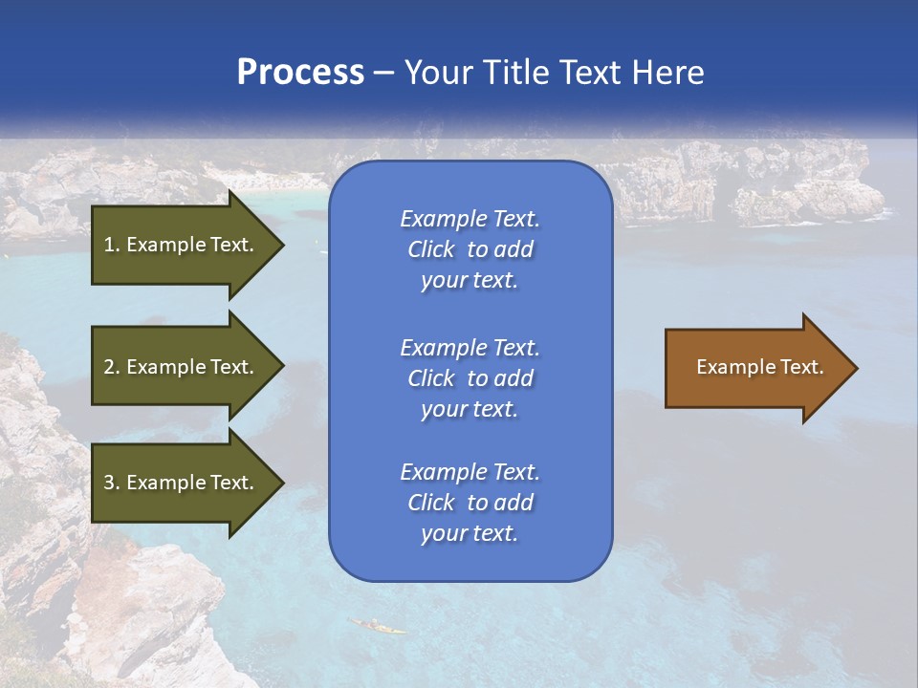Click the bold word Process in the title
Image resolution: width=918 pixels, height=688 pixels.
[x=300, y=73]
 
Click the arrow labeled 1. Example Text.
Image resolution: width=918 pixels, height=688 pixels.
[x=182, y=245]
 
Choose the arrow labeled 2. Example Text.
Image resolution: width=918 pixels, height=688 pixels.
[x=182, y=367]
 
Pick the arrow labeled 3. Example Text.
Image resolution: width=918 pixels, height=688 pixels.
[x=182, y=483]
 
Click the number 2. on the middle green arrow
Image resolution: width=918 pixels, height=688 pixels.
[x=111, y=367]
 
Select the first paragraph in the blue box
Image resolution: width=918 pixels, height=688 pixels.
[x=470, y=249]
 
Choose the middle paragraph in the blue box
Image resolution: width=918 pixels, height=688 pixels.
[x=470, y=378]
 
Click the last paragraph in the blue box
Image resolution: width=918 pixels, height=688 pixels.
[x=470, y=503]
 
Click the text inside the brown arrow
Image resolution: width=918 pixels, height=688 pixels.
[x=759, y=367]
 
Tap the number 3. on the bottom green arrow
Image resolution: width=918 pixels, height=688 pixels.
[x=111, y=483]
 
